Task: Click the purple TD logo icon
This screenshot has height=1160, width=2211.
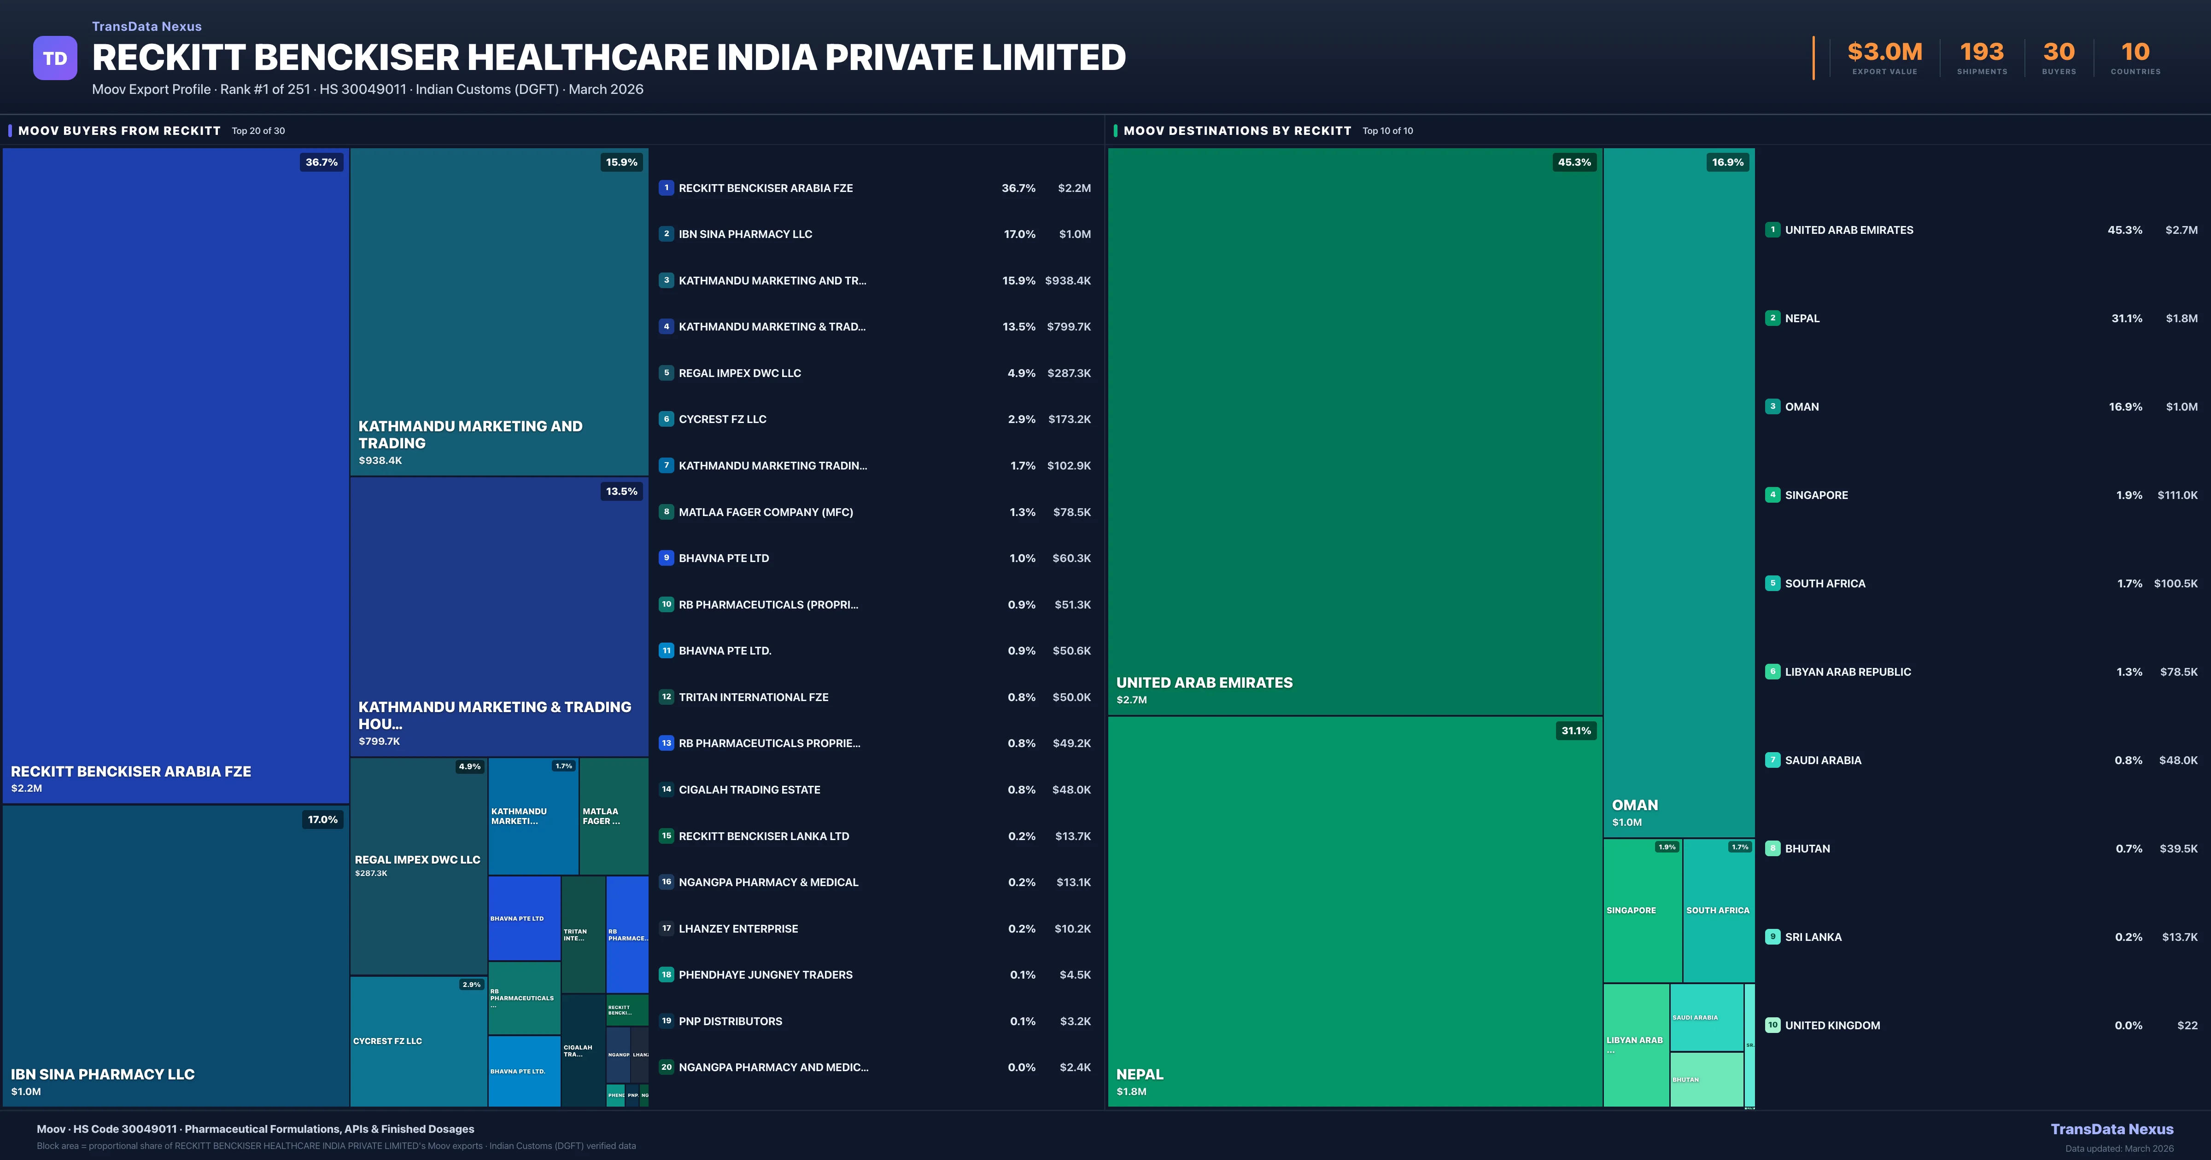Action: point(55,58)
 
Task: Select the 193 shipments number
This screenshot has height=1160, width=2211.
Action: point(1981,52)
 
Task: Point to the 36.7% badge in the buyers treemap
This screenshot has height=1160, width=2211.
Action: point(321,162)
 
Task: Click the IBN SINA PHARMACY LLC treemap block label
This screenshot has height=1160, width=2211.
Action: point(102,1074)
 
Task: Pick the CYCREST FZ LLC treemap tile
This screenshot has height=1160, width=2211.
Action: point(417,1041)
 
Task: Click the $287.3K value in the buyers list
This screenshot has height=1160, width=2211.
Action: point(1069,373)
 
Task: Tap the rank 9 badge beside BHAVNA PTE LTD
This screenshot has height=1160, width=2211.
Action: point(666,558)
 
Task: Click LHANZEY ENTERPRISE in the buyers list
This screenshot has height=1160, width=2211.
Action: point(738,928)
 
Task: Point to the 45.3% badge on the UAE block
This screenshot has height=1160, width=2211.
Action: point(1574,162)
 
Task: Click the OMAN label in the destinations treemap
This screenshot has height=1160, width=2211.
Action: point(1634,805)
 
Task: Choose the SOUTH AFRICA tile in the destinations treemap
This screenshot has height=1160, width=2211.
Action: point(1718,911)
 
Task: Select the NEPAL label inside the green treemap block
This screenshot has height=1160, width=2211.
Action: point(1139,1074)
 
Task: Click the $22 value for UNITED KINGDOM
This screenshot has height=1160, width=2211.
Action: point(2187,1025)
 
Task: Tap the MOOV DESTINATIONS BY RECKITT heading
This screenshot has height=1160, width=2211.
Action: point(1237,130)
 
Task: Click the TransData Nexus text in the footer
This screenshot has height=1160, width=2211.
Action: point(2112,1129)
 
